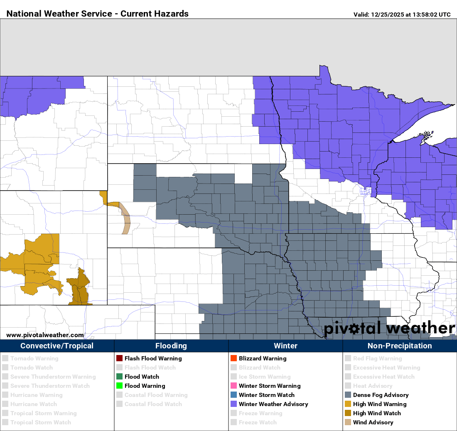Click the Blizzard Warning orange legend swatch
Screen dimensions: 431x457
[x=233, y=358]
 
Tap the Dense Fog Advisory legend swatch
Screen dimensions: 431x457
[x=348, y=395]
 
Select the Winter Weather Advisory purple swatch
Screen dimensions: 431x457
[x=233, y=404]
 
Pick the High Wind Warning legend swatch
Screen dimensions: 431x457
[x=348, y=404]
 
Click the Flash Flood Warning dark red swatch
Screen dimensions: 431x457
[x=119, y=358]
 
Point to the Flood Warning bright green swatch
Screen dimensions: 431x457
[x=119, y=386]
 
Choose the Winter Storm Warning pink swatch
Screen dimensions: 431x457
[x=233, y=386]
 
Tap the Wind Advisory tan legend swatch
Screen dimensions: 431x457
[x=348, y=422]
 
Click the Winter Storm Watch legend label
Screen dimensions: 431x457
[x=266, y=395]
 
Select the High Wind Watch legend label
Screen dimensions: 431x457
[x=377, y=413]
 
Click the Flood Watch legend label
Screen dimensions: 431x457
[x=142, y=377]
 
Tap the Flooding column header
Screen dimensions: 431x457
[x=171, y=346]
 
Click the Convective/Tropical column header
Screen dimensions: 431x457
[x=57, y=346]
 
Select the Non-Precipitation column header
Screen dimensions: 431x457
[x=400, y=346]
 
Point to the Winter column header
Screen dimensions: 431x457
[x=285, y=346]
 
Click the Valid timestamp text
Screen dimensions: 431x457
[x=402, y=15]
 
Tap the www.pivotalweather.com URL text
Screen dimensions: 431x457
[x=45, y=335]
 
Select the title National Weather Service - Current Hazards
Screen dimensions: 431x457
[x=98, y=14]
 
